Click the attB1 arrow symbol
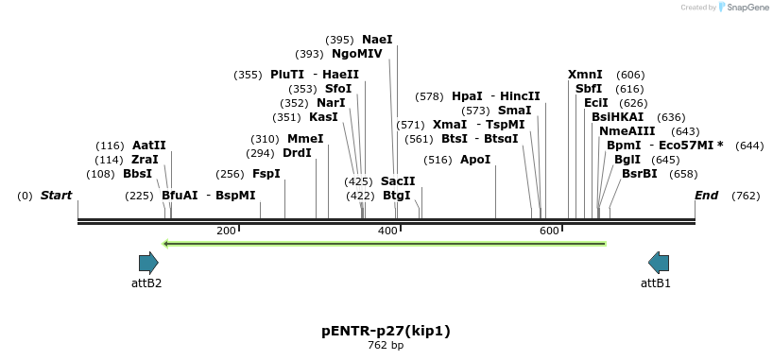coord(659,263)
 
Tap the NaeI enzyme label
coord(377,40)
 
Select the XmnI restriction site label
coord(585,75)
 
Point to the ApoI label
coord(475,160)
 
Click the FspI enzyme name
coord(266,174)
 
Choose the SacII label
coord(398,180)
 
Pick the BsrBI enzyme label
coord(639,174)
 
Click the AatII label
coord(149,146)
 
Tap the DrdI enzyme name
coord(297,153)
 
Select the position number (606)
coord(630,75)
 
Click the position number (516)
coord(438,160)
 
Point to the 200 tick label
coord(226,231)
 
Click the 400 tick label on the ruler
coord(387,231)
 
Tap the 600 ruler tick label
coord(549,231)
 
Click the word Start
coord(56,196)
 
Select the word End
coord(707,196)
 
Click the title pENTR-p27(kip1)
coord(386,331)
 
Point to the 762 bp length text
coord(386,346)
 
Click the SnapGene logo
coord(744,8)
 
